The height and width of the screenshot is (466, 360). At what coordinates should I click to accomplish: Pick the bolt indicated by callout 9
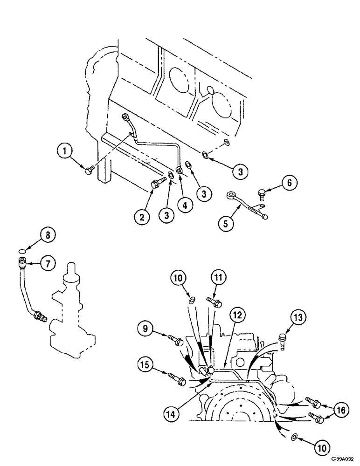(x=175, y=339)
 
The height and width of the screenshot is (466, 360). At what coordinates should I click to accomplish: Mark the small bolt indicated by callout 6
(x=262, y=192)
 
